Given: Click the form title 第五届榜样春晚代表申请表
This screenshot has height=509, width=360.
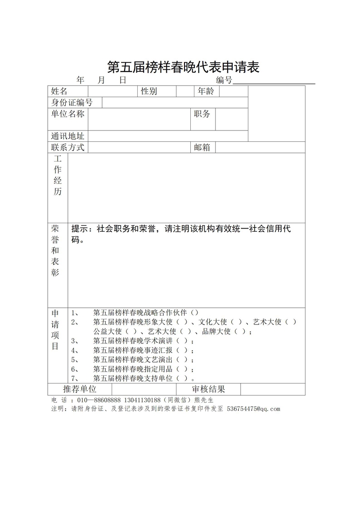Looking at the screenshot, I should pyautogui.click(x=183, y=68).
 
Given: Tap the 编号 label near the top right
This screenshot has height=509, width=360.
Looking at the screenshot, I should pyautogui.click(x=224, y=81).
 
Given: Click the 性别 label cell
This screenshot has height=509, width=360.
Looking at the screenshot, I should pyautogui.click(x=149, y=91).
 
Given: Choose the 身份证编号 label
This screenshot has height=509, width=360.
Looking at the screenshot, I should pyautogui.click(x=72, y=103).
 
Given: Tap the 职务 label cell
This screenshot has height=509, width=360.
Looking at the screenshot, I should pyautogui.click(x=202, y=114).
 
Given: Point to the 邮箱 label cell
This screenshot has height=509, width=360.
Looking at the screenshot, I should pyautogui.click(x=202, y=147).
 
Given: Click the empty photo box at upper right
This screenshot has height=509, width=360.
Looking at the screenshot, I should pyautogui.click(x=276, y=113).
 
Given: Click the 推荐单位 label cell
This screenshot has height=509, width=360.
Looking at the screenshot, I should pyautogui.click(x=80, y=389).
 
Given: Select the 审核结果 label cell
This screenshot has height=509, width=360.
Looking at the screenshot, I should pyautogui.click(x=208, y=389).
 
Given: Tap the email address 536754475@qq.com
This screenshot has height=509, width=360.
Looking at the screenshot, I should pyautogui.click(x=254, y=409).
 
